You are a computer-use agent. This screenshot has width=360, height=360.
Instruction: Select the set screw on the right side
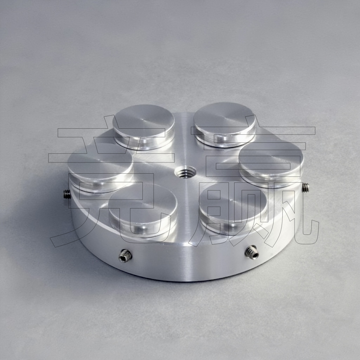[x=306, y=187]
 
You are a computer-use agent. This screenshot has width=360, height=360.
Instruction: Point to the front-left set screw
[x=125, y=256]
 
